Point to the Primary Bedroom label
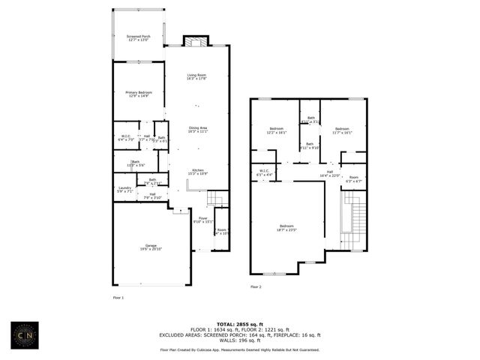coord(139,94)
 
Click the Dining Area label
coord(198,130)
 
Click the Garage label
coord(151,248)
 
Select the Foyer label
coord(202,220)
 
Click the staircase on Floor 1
coord(217,198)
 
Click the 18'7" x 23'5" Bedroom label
coord(287,228)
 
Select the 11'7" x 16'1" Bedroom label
coord(342,130)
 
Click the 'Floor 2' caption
coord(256,286)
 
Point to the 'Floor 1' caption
coord(118,298)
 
